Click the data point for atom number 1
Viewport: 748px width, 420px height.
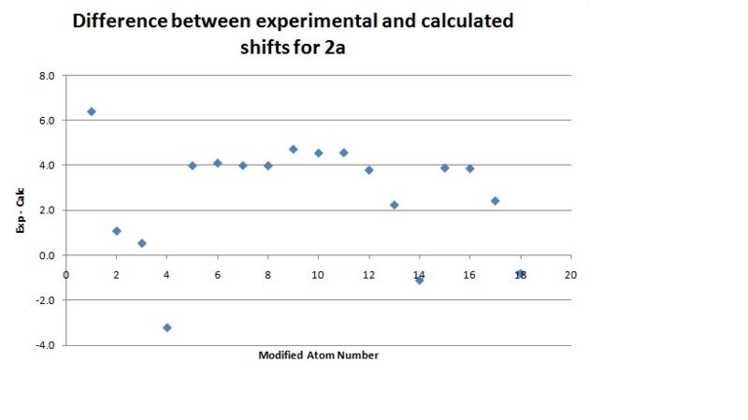tap(92, 111)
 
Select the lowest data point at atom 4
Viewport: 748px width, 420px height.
tap(167, 327)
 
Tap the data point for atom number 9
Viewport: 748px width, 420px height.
tap(294, 149)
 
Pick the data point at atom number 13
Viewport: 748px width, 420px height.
tap(395, 205)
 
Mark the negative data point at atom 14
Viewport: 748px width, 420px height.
tap(420, 280)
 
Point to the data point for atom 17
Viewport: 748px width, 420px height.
tap(496, 200)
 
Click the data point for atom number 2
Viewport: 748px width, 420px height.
tap(117, 230)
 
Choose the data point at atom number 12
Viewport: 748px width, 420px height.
tap(369, 169)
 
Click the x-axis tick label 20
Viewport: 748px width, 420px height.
tap(570, 275)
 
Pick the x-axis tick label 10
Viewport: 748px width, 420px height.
tap(318, 275)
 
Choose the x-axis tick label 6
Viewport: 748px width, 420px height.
tap(217, 275)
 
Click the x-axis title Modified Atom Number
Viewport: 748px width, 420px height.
tap(318, 355)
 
